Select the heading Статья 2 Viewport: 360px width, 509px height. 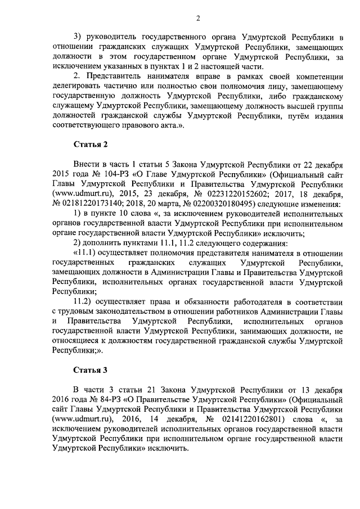click(91, 145)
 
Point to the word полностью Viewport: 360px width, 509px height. click(182, 84)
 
